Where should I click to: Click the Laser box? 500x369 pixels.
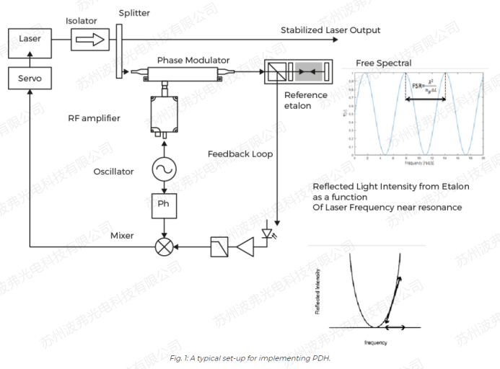click(31, 39)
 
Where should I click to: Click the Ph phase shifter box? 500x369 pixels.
click(165, 204)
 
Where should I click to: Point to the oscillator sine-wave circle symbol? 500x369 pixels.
click(165, 171)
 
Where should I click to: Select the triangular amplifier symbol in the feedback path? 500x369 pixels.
click(245, 247)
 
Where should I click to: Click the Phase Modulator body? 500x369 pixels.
click(188, 72)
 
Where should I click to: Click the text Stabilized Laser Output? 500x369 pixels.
click(330, 30)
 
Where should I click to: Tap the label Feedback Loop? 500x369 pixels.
click(235, 154)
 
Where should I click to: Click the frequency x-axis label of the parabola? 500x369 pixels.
click(376, 342)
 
